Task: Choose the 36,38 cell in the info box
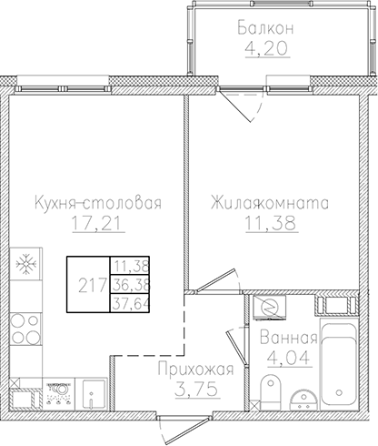point(130,285)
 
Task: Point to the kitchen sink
point(91,393)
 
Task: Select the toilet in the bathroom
point(266,394)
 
